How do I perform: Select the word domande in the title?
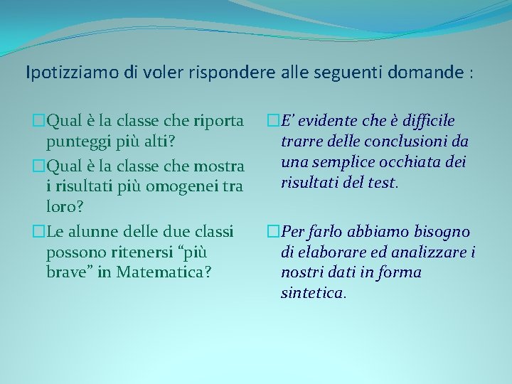tap(427, 73)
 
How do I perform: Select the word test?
tap(382, 183)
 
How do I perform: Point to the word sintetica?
tap(313, 292)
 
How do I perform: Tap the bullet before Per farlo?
tap(274, 232)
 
